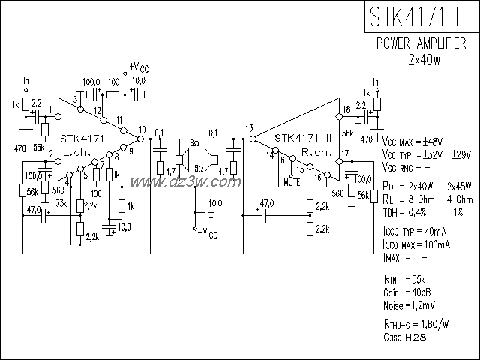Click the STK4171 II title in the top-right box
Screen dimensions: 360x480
point(422,16)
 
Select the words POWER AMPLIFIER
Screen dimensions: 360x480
point(422,43)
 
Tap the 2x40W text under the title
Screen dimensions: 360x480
point(423,58)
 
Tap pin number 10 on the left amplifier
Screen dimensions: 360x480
point(141,130)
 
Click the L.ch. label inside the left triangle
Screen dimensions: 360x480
point(77,151)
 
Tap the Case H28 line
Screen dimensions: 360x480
point(404,339)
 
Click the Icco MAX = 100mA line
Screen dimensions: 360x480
point(415,244)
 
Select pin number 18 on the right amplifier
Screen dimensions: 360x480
point(346,110)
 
